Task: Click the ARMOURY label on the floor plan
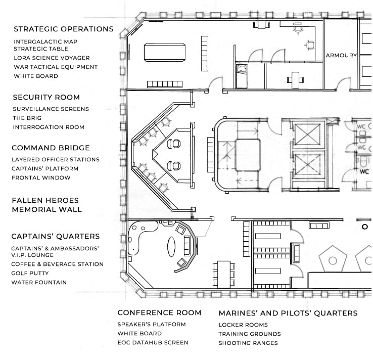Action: (341, 56)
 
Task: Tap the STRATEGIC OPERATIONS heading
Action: (64, 29)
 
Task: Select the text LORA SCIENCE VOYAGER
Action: (52, 58)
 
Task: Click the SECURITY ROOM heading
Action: (46, 97)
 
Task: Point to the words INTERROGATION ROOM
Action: (49, 127)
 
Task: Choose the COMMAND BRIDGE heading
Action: (51, 148)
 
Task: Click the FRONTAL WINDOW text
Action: (41, 178)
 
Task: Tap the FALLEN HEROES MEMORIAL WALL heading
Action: (47, 205)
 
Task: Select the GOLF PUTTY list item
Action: (30, 273)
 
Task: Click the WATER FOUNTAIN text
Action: (39, 283)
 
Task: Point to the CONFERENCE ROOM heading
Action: (159, 312)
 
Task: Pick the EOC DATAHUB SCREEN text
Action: (153, 343)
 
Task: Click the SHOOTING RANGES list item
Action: (248, 343)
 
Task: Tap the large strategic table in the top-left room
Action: (165, 53)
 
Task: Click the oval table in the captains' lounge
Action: (171, 247)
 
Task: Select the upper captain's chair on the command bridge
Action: (174, 144)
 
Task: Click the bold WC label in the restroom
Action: (364, 171)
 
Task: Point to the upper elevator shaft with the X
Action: (307, 134)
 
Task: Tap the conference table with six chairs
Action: (224, 275)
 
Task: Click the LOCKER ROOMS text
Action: (243, 325)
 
